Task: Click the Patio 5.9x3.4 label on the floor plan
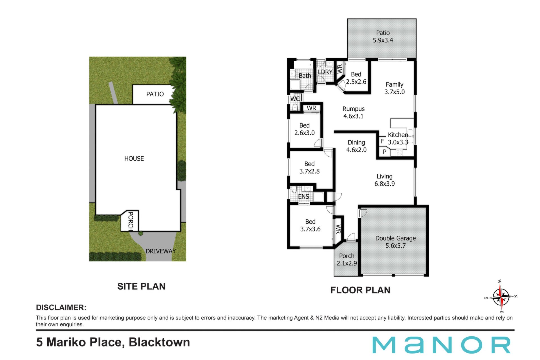[x=383, y=37]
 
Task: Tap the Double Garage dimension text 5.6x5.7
[x=395, y=246]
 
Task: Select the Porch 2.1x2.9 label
[x=347, y=260]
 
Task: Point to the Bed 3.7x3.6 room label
[x=310, y=225]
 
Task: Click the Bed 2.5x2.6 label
[x=356, y=78]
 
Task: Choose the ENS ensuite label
[x=303, y=197]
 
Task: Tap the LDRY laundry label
[x=325, y=72]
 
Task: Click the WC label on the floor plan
[x=295, y=99]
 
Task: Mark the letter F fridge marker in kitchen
[x=382, y=141]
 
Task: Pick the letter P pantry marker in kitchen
[x=384, y=152]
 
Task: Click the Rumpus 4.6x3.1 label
[x=354, y=112]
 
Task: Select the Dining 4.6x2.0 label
[x=356, y=146]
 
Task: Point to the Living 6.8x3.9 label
[x=384, y=180]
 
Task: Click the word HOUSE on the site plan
[x=134, y=159]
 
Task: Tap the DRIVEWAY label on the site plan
[x=161, y=251]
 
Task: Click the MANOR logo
[x=441, y=345]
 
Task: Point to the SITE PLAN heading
[x=141, y=286]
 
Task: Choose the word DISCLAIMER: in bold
[x=61, y=307]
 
